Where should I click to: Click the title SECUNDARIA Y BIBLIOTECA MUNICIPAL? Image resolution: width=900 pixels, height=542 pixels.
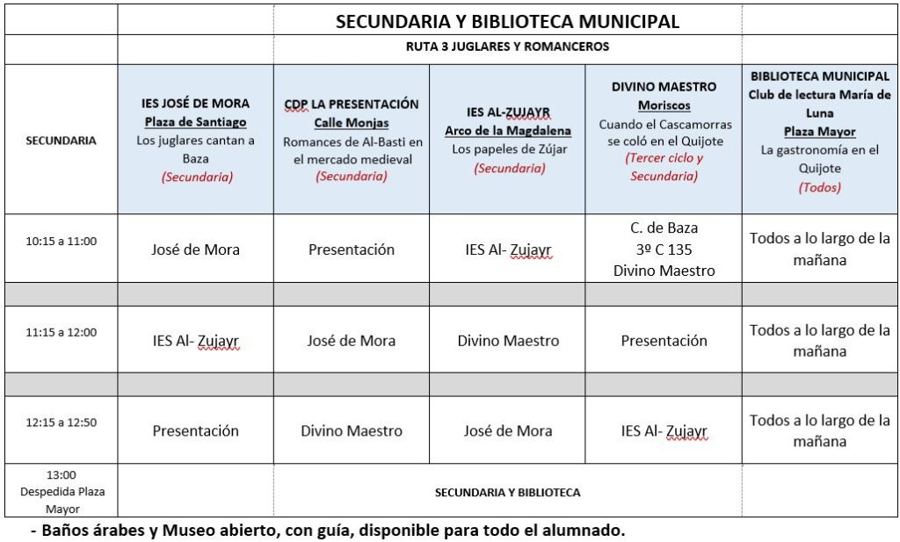tap(507, 22)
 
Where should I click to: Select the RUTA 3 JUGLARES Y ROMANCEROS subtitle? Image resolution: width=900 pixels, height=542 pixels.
tap(507, 47)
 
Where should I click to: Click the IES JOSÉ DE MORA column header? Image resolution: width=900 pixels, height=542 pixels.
tap(195, 104)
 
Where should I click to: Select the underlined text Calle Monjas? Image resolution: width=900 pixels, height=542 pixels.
tap(352, 123)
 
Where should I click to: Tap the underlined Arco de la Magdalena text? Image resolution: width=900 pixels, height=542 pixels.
tap(508, 131)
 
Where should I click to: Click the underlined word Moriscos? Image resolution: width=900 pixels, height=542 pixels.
tap(664, 105)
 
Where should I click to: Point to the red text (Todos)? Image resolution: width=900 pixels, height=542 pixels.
tap(820, 187)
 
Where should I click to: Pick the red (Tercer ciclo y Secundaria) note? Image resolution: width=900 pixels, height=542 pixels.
tap(664, 167)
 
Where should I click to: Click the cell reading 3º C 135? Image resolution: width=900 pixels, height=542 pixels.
tap(664, 249)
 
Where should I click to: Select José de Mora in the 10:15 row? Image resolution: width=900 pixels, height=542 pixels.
tap(195, 249)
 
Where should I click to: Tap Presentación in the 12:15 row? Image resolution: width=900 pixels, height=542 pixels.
tap(195, 431)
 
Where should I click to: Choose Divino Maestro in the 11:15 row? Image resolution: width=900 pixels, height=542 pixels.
tap(508, 340)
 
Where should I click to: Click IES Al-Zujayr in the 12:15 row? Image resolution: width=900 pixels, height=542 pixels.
tap(664, 431)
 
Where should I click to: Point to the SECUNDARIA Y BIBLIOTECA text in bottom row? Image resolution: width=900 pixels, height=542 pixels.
tap(507, 493)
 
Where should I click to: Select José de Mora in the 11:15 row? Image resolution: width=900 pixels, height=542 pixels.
tap(352, 340)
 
